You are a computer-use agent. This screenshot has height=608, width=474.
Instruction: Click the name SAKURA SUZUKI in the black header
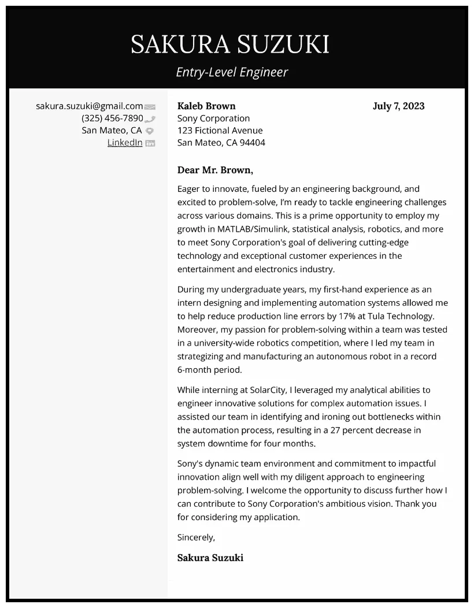tap(229, 45)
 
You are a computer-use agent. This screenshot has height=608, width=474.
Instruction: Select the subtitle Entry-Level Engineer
tap(231, 72)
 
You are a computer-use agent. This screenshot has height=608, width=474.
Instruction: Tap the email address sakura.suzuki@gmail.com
tap(89, 106)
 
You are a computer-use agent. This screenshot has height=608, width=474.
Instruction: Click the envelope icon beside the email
tap(150, 107)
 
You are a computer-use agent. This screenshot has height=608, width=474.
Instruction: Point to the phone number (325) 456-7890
tap(112, 118)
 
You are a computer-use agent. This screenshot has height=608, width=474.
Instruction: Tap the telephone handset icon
tap(150, 119)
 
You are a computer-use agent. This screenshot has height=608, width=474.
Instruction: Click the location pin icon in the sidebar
tap(150, 131)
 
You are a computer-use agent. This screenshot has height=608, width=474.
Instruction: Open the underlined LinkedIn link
tap(124, 142)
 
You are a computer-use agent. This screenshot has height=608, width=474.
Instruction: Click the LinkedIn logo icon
tap(150, 143)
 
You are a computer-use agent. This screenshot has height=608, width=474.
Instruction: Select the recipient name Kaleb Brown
tap(206, 106)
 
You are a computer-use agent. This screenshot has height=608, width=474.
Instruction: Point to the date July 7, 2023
tap(398, 106)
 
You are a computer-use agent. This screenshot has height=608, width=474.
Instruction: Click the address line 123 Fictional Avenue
tap(220, 130)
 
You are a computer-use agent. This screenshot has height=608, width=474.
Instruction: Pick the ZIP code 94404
tap(253, 142)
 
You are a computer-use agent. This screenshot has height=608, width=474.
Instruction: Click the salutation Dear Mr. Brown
tap(215, 170)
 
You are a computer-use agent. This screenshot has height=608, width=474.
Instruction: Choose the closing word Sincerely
tap(195, 537)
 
